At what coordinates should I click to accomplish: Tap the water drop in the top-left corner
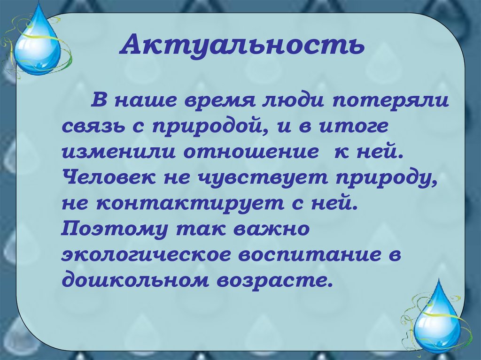[36, 46]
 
